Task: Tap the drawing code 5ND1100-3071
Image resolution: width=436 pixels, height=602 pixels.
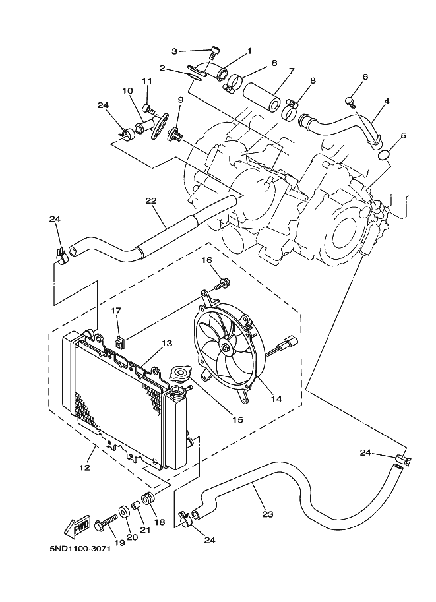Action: (x=79, y=548)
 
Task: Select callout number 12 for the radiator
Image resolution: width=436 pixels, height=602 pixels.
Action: (x=84, y=467)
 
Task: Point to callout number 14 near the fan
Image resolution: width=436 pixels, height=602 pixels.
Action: (x=276, y=398)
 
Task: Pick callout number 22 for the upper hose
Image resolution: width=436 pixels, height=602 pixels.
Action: (x=151, y=200)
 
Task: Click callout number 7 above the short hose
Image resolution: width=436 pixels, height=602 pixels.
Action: (x=291, y=71)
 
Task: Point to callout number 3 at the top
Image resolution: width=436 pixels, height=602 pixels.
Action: (x=175, y=51)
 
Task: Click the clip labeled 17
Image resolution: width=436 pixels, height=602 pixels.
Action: (x=119, y=343)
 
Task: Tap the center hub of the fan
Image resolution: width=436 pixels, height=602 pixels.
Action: (x=226, y=348)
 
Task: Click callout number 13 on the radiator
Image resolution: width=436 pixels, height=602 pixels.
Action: (x=166, y=344)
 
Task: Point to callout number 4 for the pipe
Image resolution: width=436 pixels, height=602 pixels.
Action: (x=387, y=101)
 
